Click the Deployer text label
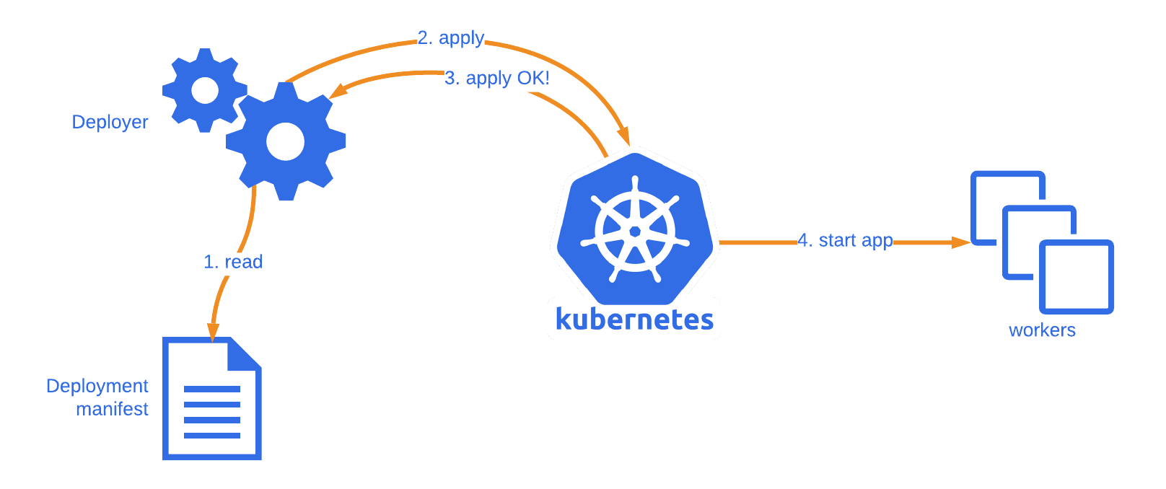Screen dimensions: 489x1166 click(110, 122)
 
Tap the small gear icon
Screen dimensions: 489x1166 click(205, 90)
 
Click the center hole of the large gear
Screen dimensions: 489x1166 click(285, 141)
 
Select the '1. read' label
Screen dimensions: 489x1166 click(232, 262)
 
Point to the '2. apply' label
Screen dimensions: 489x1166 click(451, 38)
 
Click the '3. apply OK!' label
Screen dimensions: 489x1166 click(496, 78)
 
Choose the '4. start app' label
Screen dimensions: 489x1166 click(845, 240)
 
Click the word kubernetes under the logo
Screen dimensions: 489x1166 click(635, 319)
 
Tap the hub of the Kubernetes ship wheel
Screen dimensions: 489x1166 click(635, 231)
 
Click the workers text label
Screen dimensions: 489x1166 click(1042, 330)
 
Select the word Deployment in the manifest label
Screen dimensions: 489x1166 click(97, 386)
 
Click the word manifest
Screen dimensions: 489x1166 click(112, 409)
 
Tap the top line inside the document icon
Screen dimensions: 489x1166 click(212, 389)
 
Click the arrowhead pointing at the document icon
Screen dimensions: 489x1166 click(213, 330)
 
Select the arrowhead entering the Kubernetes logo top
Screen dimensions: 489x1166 click(624, 136)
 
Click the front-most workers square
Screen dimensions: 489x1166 click(1077, 277)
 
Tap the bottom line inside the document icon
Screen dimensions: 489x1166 click(212, 435)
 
